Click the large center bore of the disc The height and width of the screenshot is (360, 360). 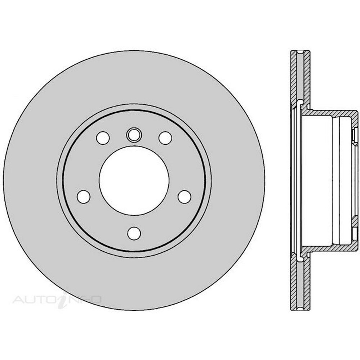(x=134, y=181)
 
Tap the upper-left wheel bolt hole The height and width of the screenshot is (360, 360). (x=103, y=138)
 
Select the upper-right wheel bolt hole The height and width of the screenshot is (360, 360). (x=165, y=138)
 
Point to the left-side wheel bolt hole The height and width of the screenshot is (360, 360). (x=84, y=197)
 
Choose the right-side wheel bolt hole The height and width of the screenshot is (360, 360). (x=185, y=197)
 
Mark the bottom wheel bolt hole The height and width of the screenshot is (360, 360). (x=134, y=233)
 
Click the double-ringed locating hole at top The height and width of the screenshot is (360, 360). (x=134, y=135)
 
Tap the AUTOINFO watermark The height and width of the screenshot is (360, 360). (x=57, y=300)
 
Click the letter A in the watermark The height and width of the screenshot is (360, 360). (x=18, y=300)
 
